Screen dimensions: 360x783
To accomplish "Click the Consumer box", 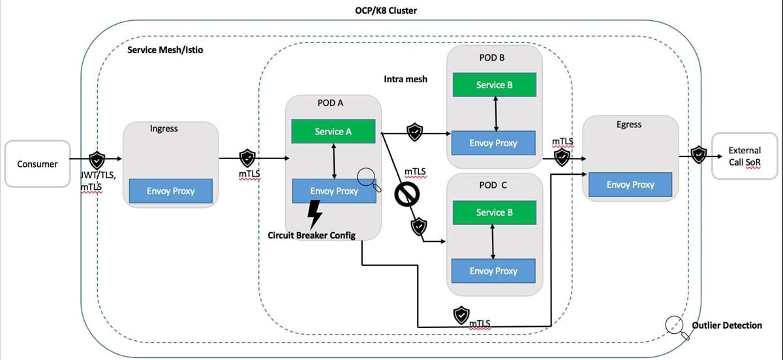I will point(37,164).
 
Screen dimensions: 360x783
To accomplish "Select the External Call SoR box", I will point(745,156).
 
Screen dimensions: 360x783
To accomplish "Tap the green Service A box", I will point(333,131).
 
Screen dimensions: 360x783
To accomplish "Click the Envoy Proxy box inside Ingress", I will point(171,191).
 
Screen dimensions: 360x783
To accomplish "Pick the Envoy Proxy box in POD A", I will point(334,191).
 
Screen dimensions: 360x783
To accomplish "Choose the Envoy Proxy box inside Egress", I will point(630,185).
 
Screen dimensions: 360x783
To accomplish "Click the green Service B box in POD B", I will point(494,85).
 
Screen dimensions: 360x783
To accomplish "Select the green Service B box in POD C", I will point(494,213).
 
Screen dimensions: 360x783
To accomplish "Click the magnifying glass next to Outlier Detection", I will point(677,327).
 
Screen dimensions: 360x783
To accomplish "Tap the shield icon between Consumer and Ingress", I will point(97,158).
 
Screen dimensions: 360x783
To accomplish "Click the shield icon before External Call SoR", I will point(698,155).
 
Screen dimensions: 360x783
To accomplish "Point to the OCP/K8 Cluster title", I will point(390,10).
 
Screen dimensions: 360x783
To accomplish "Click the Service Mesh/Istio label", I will point(165,50).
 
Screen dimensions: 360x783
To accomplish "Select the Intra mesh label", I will point(406,79).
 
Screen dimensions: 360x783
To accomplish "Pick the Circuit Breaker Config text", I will point(312,235).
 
